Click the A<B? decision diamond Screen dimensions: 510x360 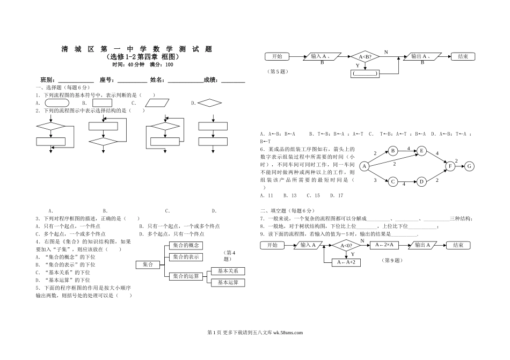(x=365, y=56)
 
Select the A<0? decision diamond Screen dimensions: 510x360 (x=346, y=246)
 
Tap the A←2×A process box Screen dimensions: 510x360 (x=384, y=245)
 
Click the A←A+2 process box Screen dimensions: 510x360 (x=346, y=262)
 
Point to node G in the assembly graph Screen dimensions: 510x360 (x=469, y=166)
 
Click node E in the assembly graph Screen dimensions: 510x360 (x=421, y=151)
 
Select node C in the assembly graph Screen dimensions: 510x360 (x=393, y=182)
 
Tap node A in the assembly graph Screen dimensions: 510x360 (x=365, y=166)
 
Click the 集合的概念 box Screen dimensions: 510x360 (x=186, y=246)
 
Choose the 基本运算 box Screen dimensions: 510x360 (x=228, y=283)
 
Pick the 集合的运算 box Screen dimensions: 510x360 (x=186, y=276)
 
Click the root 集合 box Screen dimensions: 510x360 (x=148, y=265)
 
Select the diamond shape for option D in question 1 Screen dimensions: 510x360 (x=209, y=103)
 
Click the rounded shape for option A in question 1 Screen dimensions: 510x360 (x=57, y=103)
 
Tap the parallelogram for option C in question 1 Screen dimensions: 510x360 (x=157, y=103)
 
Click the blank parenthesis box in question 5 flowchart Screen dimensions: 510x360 (x=365, y=74)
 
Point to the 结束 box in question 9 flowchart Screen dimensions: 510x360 (x=458, y=245)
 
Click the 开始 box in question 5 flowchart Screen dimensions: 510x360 (x=277, y=56)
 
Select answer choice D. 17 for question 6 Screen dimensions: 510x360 (x=337, y=196)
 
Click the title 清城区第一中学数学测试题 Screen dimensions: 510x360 (x=136, y=49)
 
